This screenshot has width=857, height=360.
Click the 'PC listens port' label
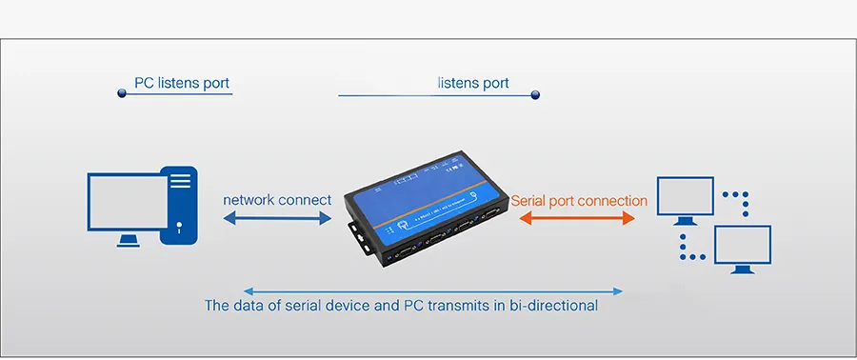(182, 83)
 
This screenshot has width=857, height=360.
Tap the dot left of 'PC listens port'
(122, 92)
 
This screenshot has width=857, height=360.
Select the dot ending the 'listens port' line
(535, 94)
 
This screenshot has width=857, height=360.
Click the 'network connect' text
(277, 200)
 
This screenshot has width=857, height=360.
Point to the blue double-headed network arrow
(276, 219)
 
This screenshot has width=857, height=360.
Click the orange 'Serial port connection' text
(579, 201)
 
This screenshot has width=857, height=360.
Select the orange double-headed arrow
(577, 219)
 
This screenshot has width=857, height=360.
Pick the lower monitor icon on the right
(743, 245)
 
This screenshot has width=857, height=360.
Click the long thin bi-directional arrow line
(433, 290)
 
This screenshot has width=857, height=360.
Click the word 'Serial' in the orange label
(529, 201)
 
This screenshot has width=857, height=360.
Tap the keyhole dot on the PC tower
(179, 226)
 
